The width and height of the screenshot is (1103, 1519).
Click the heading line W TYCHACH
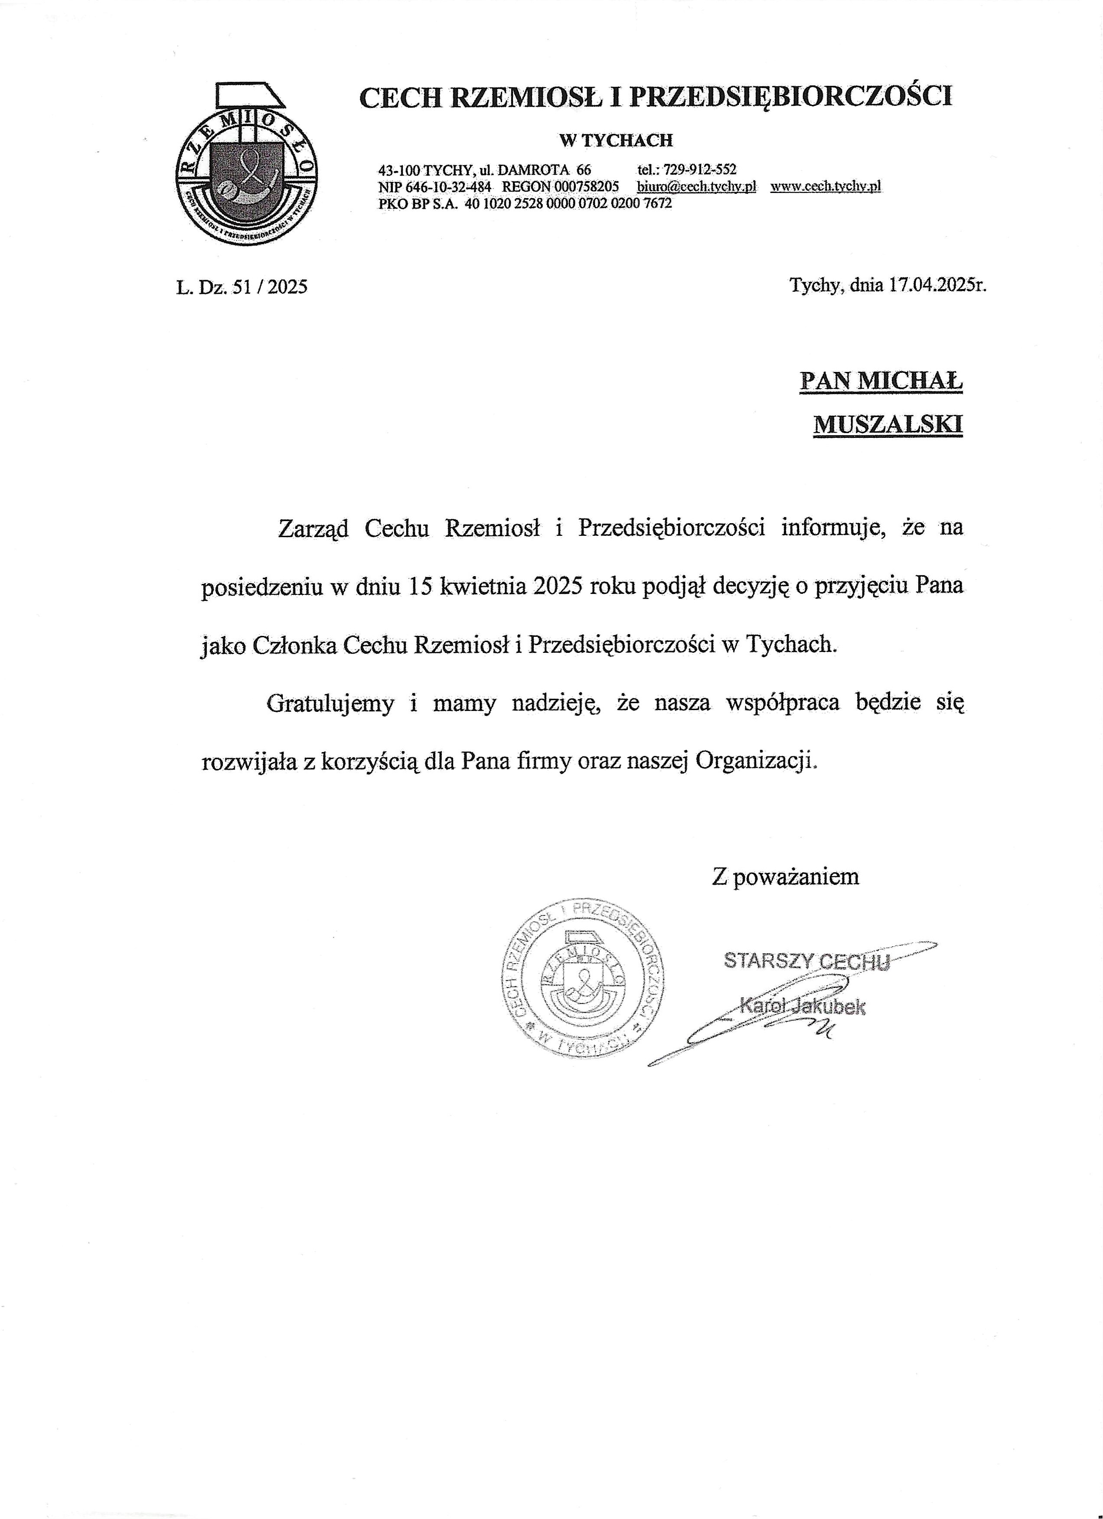(x=616, y=140)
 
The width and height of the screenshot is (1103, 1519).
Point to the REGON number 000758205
(x=587, y=187)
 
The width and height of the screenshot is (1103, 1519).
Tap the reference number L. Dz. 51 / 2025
(x=242, y=287)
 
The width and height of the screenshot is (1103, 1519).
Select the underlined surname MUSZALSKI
(x=888, y=425)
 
